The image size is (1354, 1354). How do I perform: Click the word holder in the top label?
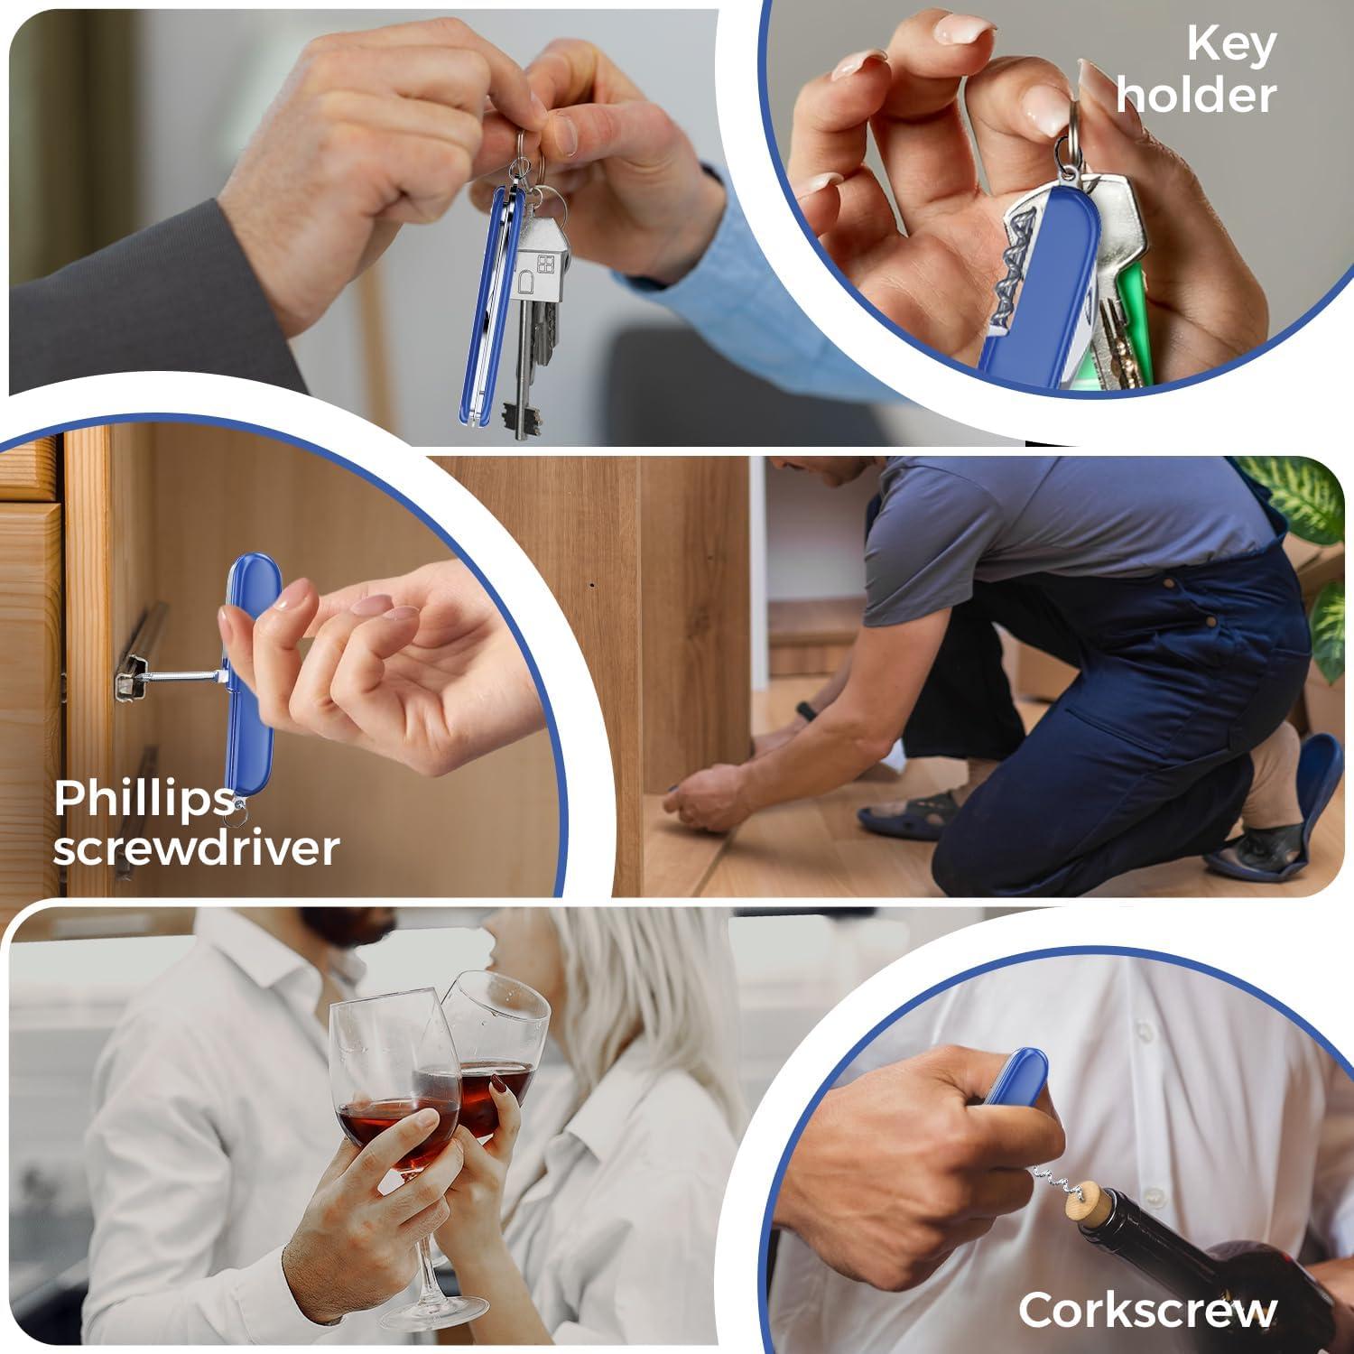point(1196,95)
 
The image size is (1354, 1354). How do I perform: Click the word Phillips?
point(144,799)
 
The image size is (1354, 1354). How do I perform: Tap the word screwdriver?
point(196,849)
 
